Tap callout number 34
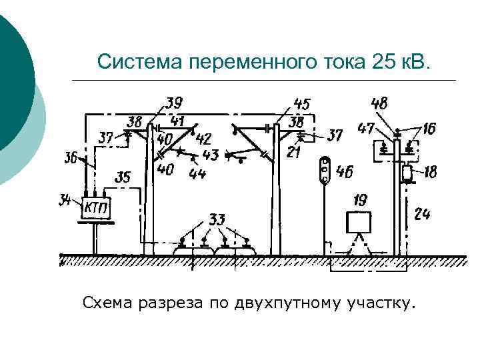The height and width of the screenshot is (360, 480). (66, 199)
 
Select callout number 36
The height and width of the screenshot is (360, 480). (71, 158)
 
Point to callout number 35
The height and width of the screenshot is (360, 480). (123, 177)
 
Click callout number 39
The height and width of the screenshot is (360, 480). (175, 103)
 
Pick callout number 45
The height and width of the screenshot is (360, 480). (301, 104)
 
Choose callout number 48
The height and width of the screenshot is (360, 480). (379, 103)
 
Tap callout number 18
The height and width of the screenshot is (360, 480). (430, 173)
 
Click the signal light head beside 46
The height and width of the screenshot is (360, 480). (325, 171)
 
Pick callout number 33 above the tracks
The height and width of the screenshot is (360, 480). (217, 219)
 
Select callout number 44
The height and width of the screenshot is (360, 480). (197, 175)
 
